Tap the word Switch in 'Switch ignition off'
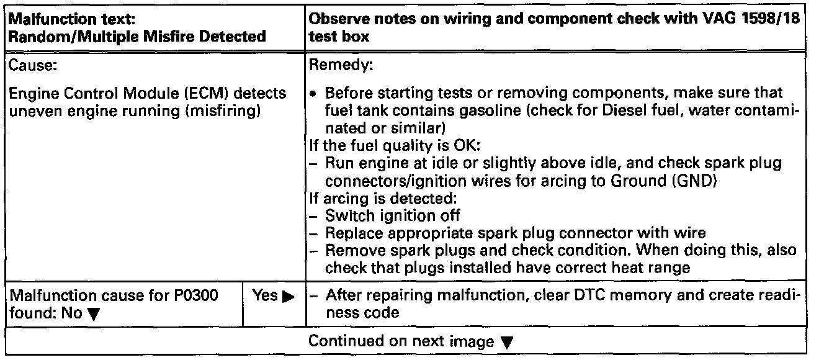coord(344,216)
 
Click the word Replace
coord(349,233)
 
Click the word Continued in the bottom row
coord(339,341)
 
